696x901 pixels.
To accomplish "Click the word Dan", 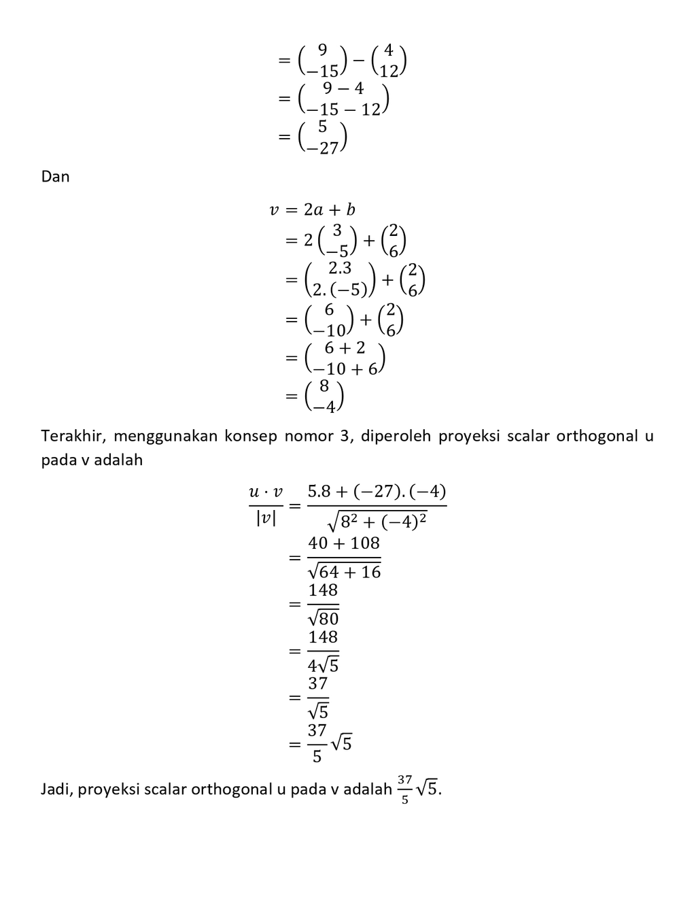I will [x=55, y=177].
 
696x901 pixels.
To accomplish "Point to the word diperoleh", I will [x=396, y=436].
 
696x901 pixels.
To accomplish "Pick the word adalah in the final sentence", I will [x=368, y=789].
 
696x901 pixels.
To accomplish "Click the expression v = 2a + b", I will [x=313, y=210].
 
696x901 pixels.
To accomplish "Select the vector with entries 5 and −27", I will [x=323, y=137].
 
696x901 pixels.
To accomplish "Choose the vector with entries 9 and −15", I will [x=323, y=61].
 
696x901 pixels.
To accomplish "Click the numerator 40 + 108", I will [x=344, y=543].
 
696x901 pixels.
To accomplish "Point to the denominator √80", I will [x=324, y=618].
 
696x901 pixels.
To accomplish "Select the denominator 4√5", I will [x=324, y=664].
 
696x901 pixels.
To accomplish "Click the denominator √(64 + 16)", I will [x=344, y=571].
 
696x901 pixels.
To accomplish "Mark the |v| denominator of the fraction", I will [x=266, y=520].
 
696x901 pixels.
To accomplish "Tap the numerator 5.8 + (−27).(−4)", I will [x=377, y=492].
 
